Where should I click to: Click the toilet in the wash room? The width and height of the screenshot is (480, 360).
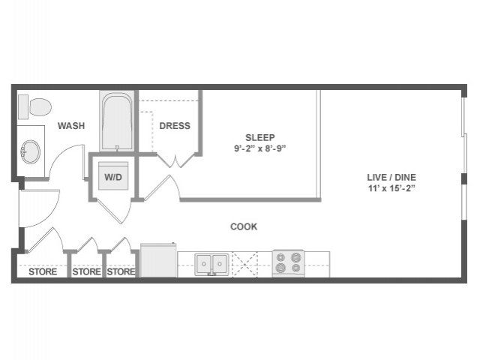35,106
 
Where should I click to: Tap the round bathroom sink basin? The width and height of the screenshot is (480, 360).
31,151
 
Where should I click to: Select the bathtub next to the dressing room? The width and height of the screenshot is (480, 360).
117,121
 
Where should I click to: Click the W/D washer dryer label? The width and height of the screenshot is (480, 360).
113,177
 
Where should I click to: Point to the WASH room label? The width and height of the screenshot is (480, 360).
71,126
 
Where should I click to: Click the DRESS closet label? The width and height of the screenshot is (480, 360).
175,126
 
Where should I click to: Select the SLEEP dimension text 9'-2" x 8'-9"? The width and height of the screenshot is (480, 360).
260,148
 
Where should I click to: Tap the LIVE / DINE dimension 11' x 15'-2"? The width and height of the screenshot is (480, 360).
391,188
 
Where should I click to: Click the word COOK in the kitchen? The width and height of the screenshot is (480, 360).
244,226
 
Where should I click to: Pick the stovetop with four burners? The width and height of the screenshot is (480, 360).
288,263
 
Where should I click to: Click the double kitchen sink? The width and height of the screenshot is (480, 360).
211,264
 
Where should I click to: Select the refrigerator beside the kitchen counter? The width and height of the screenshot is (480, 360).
158,260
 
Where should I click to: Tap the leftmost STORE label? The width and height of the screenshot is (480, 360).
43,271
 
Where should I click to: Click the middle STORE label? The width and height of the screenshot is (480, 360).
87,271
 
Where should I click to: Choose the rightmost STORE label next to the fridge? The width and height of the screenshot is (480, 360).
121,271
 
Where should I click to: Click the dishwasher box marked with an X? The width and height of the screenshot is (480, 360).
245,264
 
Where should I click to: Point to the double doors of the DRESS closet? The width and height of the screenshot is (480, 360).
176,160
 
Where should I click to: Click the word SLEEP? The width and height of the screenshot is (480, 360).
260,137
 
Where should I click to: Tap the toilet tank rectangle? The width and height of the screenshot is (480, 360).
23,106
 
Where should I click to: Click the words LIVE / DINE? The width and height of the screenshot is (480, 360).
391,177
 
